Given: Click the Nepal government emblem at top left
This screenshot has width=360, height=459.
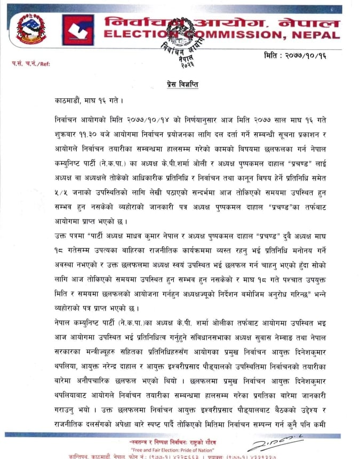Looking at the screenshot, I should pos(31,29).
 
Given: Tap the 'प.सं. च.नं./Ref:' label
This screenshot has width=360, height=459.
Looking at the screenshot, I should pos(31,63).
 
